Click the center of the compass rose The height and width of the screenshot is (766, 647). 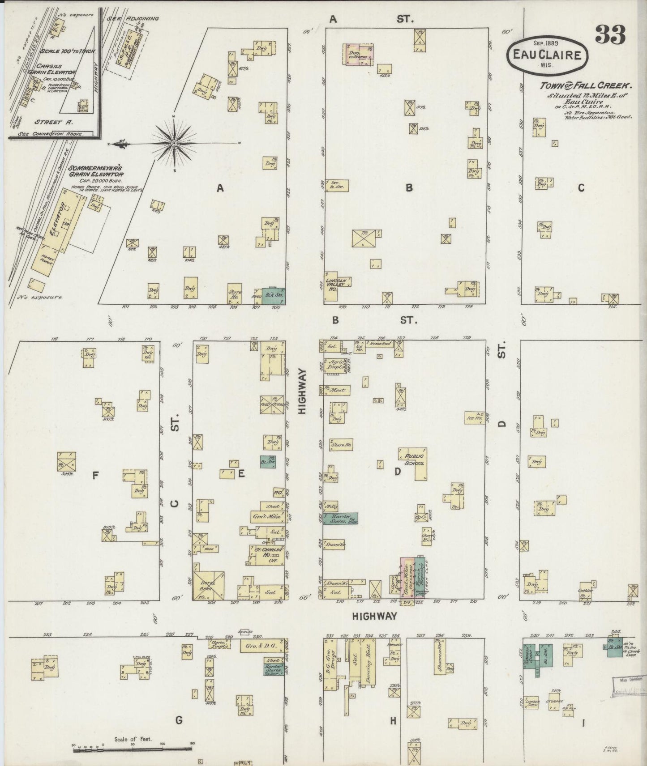click(x=174, y=143)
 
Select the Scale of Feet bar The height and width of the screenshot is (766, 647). click(x=132, y=746)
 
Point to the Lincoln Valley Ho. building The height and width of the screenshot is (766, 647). click(x=337, y=283)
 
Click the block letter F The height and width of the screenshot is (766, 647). click(x=95, y=476)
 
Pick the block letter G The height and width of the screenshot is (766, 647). click(x=179, y=720)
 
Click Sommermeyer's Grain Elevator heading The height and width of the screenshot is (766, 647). click(x=96, y=172)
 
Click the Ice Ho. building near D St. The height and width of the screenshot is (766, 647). click(x=475, y=417)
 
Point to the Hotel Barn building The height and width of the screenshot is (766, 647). click(x=208, y=584)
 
